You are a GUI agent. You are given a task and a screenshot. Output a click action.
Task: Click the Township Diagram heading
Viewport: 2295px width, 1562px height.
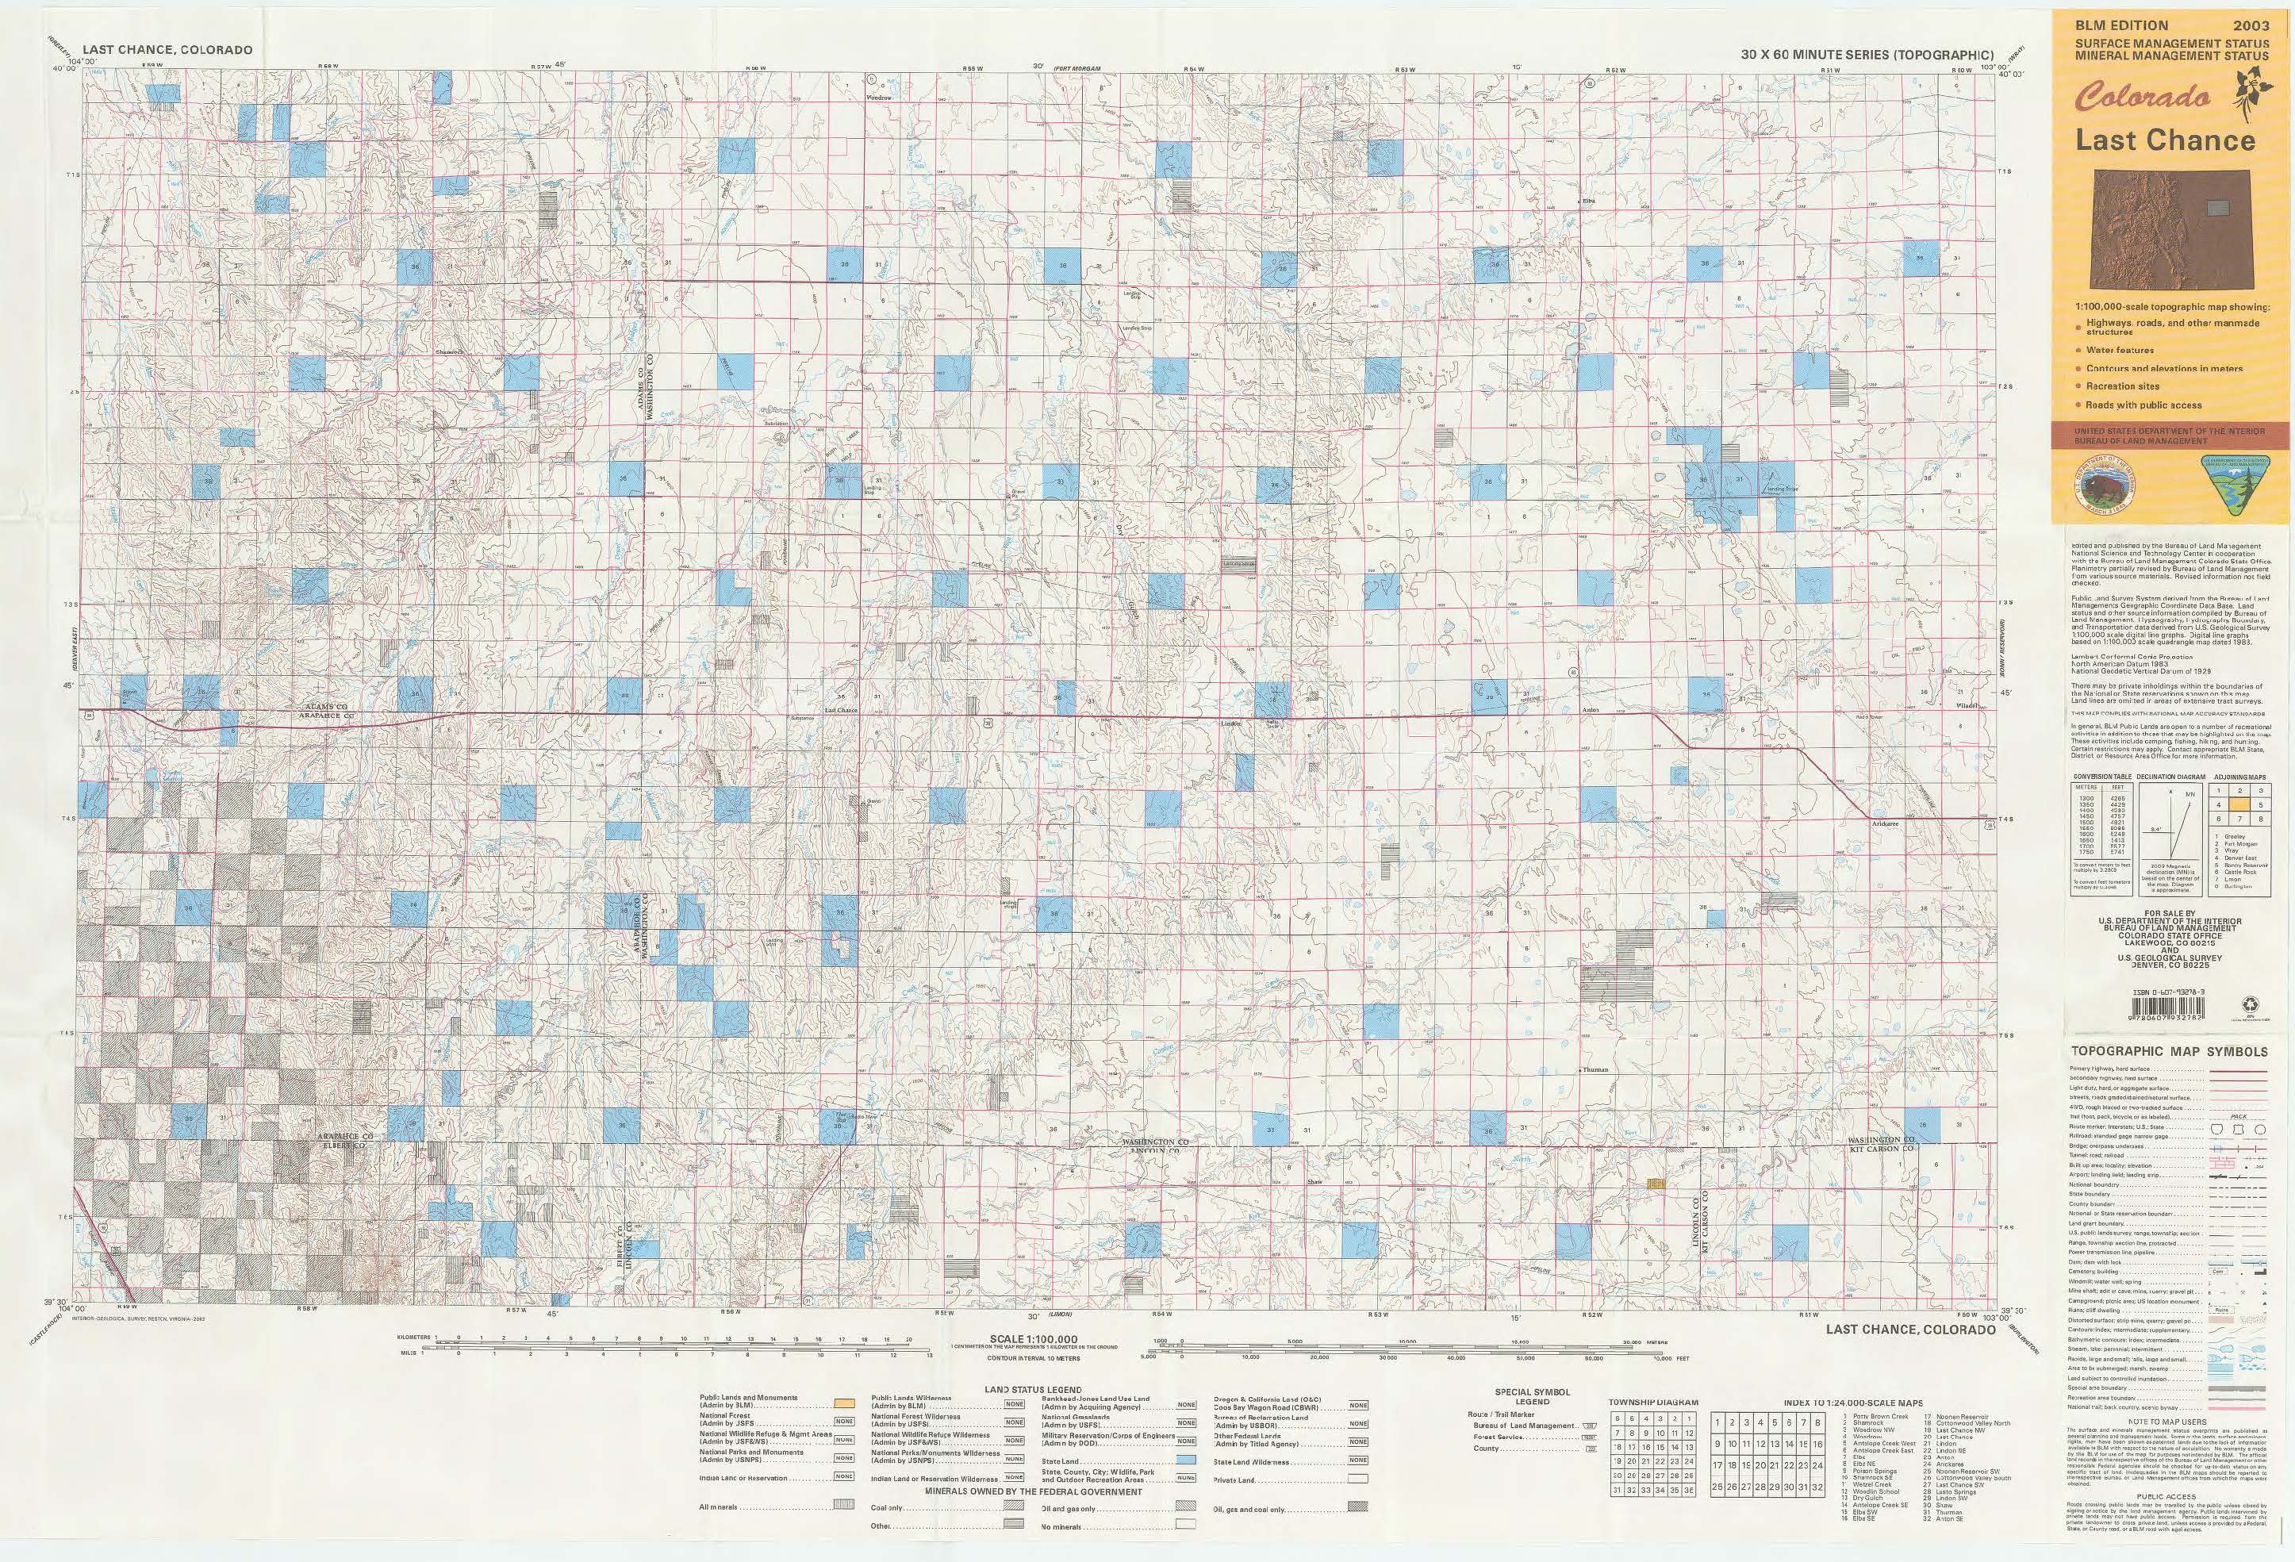[x=1653, y=1402]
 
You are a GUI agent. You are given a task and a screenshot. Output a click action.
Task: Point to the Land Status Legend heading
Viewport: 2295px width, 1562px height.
[x=1033, y=1389]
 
